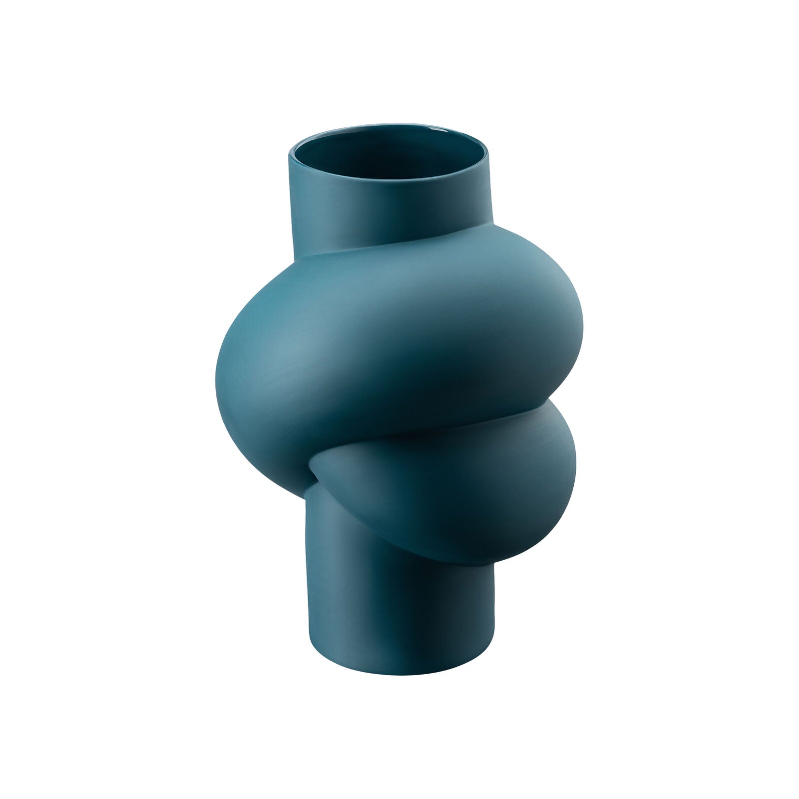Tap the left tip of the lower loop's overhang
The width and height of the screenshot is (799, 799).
pos(312,467)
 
